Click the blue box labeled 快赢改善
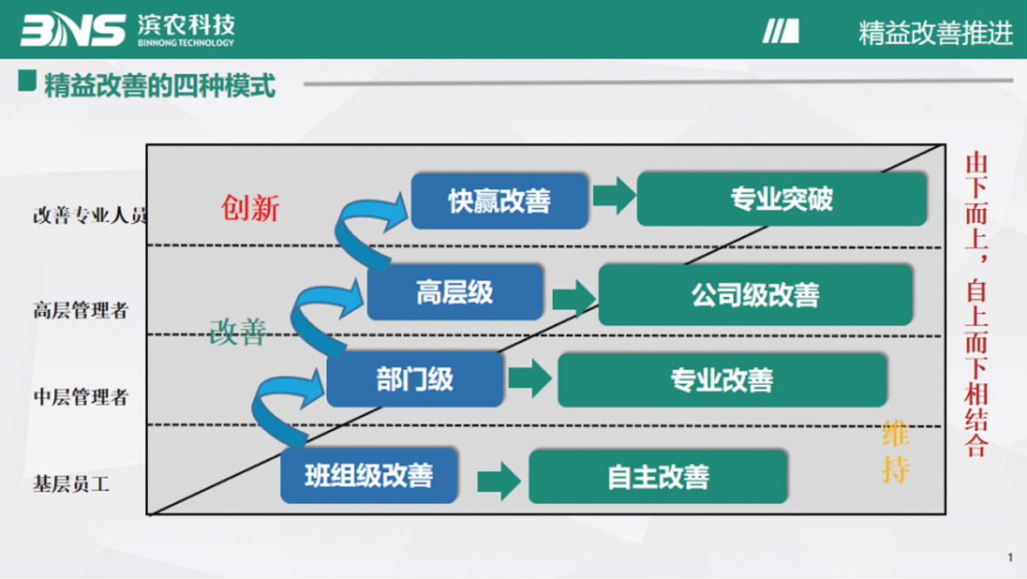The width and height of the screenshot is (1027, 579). pos(499,201)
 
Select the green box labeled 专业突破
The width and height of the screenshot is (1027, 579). pos(781,199)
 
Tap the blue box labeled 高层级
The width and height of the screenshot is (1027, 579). pos(455,293)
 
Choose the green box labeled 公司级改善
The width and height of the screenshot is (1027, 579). pos(755,295)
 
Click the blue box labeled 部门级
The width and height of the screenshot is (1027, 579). pos(415,380)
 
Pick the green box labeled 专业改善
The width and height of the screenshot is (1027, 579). pos(722,380)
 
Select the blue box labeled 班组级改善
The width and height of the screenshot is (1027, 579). pos(369,475)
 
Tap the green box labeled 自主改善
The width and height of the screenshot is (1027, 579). pos(658,476)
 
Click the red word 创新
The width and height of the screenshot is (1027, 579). pos(250,208)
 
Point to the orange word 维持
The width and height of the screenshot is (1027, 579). pos(895,451)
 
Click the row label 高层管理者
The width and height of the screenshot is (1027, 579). pos(81,310)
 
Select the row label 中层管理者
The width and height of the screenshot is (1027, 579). pos(81,397)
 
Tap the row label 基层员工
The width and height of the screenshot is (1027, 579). pos(71,483)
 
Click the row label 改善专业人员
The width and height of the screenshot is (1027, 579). pos(90,216)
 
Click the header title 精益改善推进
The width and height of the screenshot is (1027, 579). pos(936,33)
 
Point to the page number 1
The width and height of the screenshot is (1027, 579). pos(1010,557)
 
